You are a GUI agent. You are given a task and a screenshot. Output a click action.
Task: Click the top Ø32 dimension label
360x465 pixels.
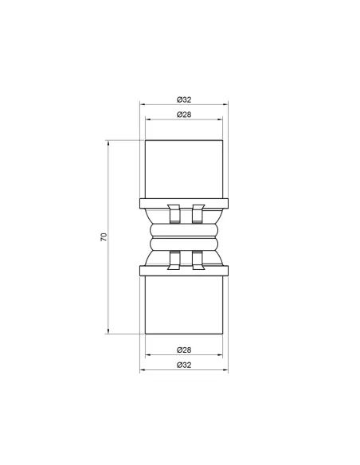click(x=184, y=100)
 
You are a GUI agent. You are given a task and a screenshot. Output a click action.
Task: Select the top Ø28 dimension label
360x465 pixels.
click(x=184, y=115)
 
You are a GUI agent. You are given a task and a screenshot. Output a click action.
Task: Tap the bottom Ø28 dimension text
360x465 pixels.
click(x=184, y=350)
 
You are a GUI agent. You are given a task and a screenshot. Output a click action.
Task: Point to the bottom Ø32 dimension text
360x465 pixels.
click(x=184, y=365)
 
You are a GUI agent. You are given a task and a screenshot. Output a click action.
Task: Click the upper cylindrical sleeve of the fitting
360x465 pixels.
click(x=184, y=169)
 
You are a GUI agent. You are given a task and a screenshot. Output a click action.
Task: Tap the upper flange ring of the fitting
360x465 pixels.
click(x=184, y=201)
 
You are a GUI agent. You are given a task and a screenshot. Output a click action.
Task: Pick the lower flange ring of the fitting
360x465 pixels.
click(x=184, y=271)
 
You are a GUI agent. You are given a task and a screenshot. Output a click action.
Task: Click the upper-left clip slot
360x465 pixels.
click(x=172, y=214)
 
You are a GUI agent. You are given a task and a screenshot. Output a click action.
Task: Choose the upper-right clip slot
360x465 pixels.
click(x=197, y=214)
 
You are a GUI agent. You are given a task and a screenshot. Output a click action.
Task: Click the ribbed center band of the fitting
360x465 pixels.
click(x=184, y=236)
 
